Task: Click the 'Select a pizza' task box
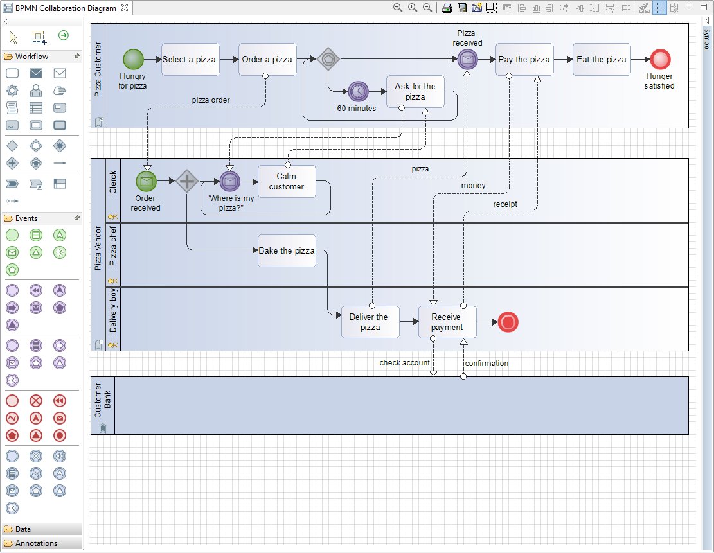(x=190, y=59)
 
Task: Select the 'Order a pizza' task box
(x=267, y=59)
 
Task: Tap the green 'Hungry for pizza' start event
(x=134, y=59)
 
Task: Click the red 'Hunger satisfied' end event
(x=660, y=59)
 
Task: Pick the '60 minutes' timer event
(x=359, y=91)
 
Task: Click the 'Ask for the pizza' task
(x=415, y=91)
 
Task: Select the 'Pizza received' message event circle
(x=468, y=59)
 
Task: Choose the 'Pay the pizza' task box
(x=524, y=59)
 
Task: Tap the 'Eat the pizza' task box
(x=602, y=59)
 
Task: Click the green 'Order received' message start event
(x=146, y=181)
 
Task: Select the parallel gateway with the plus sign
(x=187, y=181)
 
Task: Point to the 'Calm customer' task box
(x=287, y=181)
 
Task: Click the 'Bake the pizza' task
(x=287, y=250)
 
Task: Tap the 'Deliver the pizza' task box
(x=370, y=322)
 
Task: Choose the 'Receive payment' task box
(x=447, y=322)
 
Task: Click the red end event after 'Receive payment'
(x=508, y=322)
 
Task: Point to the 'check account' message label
(x=404, y=363)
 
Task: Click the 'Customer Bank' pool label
(x=102, y=400)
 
